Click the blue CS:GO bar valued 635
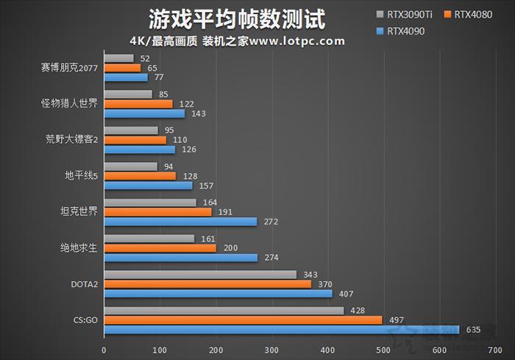tap(281, 330)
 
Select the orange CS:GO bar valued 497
tap(243, 320)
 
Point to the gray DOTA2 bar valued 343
tap(200, 275)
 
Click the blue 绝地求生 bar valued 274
tap(180, 258)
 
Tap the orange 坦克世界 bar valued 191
tap(157, 212)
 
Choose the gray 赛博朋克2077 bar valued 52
tap(118, 58)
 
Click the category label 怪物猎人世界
tap(69, 104)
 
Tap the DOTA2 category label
tap(83, 284)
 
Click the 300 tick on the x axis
tap(271, 350)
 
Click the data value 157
tap(205, 186)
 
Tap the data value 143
tap(198, 113)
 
